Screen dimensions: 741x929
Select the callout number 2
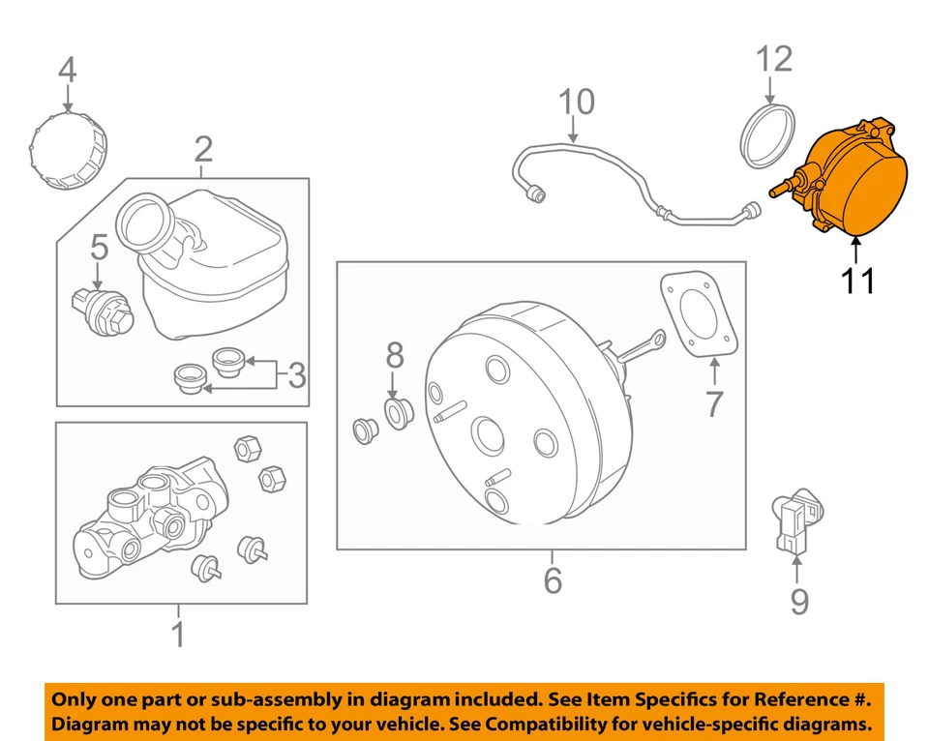203,149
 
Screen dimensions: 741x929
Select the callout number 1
178,635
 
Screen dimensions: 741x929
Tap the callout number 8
394,355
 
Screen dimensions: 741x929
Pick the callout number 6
552,580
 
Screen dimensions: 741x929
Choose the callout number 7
714,402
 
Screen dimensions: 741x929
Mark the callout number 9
798,602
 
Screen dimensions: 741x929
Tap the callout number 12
774,60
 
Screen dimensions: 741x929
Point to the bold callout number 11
857,281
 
